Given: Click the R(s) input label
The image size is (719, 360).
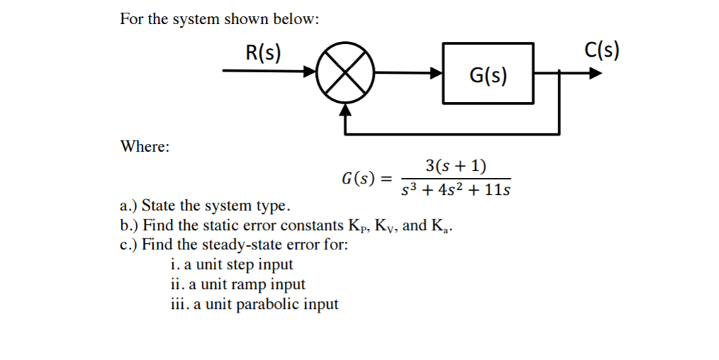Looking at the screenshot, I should coord(263,52).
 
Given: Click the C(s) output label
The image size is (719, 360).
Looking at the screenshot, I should coord(603,50).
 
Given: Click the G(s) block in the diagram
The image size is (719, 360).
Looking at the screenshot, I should coord(488,74).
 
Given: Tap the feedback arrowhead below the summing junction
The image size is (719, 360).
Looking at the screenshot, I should coord(345,110).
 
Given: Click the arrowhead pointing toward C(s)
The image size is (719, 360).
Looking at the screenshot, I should coord(596,72).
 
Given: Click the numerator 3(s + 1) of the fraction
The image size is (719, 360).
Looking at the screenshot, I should coord(455,166).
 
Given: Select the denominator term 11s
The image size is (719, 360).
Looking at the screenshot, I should coord(497,191).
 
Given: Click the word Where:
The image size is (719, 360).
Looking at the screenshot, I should coord(145,147).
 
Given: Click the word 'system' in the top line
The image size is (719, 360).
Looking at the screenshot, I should coord(196,19).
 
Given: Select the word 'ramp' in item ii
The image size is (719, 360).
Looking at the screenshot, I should coord(246,284).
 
